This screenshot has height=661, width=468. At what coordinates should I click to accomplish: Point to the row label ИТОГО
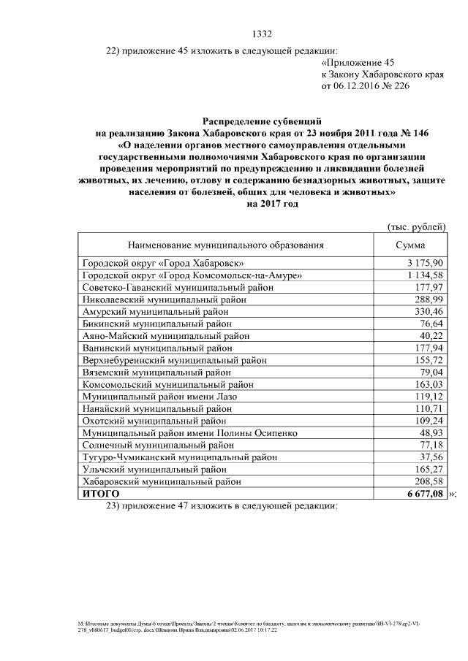(x=101, y=494)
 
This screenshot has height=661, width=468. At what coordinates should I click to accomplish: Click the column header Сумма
(x=410, y=245)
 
